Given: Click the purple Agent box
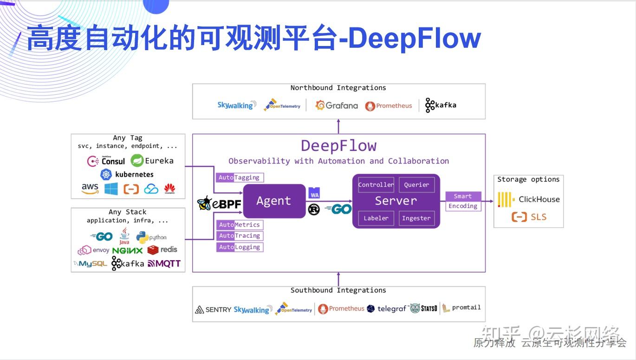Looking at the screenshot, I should coord(274,201).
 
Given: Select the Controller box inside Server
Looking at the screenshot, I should coord(376,185).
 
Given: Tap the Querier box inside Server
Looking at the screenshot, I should coord(416,185).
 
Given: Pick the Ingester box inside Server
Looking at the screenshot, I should coord(416,218).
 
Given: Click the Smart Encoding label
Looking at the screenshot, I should coord(463,201).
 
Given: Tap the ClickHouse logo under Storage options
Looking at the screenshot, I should coord(529,199).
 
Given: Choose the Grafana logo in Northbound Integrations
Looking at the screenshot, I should coord(337,105).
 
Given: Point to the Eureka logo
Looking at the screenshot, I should coord(152,161).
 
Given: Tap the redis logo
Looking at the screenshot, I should coord(162,250).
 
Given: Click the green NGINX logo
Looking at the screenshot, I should coord(127,250).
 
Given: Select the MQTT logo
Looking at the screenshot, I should coord(164,263).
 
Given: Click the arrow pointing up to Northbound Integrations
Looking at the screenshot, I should coord(338,126).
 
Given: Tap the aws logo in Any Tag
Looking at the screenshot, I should coord(90,189).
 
